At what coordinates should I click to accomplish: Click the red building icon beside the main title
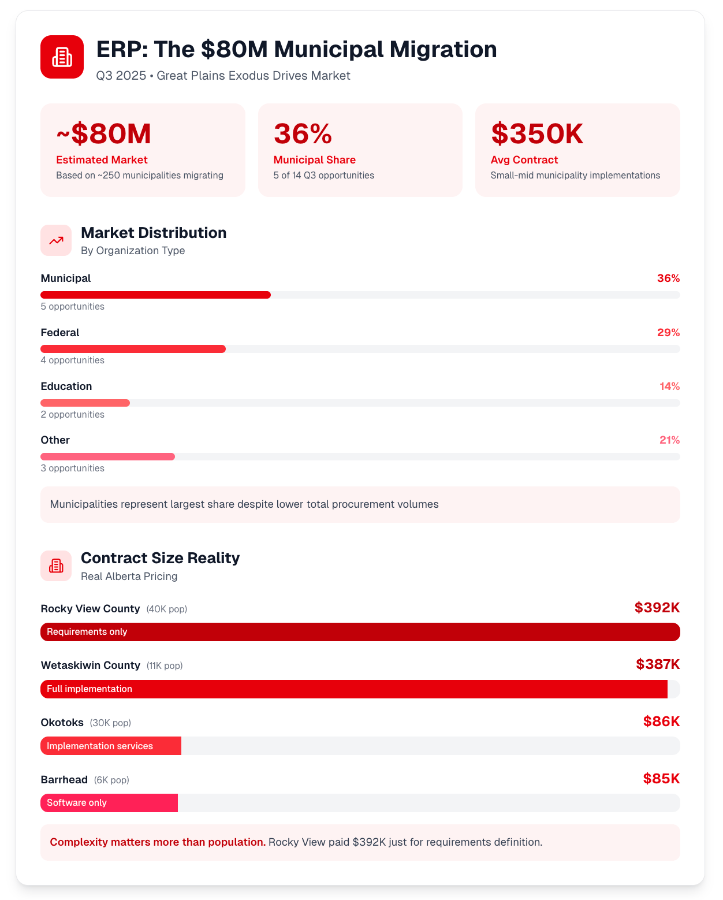tap(62, 57)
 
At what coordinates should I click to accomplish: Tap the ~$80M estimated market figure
tap(103, 134)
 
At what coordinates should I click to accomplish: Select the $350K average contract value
tap(536, 134)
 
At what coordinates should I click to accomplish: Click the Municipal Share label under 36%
tap(314, 160)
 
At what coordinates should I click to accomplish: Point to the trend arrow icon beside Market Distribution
tap(56, 240)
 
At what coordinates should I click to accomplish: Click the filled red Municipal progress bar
tap(155, 295)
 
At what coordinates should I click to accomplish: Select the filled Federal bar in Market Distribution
tap(133, 349)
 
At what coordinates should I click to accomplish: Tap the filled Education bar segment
tap(85, 403)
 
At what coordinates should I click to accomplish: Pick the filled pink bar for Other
tap(107, 457)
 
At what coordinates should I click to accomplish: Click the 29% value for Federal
tap(668, 333)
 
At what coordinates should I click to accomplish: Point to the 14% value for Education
tap(669, 386)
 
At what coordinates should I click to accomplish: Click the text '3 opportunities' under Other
tap(72, 468)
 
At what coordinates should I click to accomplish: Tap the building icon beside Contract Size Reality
tap(56, 566)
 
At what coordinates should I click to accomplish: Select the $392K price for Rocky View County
tap(657, 608)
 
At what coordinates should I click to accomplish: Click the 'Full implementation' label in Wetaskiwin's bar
tap(90, 689)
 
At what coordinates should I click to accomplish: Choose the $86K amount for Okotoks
tap(661, 722)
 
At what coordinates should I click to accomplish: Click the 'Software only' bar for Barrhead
tap(109, 803)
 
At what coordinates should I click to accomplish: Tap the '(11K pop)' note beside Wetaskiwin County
tap(165, 666)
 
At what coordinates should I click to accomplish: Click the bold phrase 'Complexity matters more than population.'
tap(158, 842)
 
